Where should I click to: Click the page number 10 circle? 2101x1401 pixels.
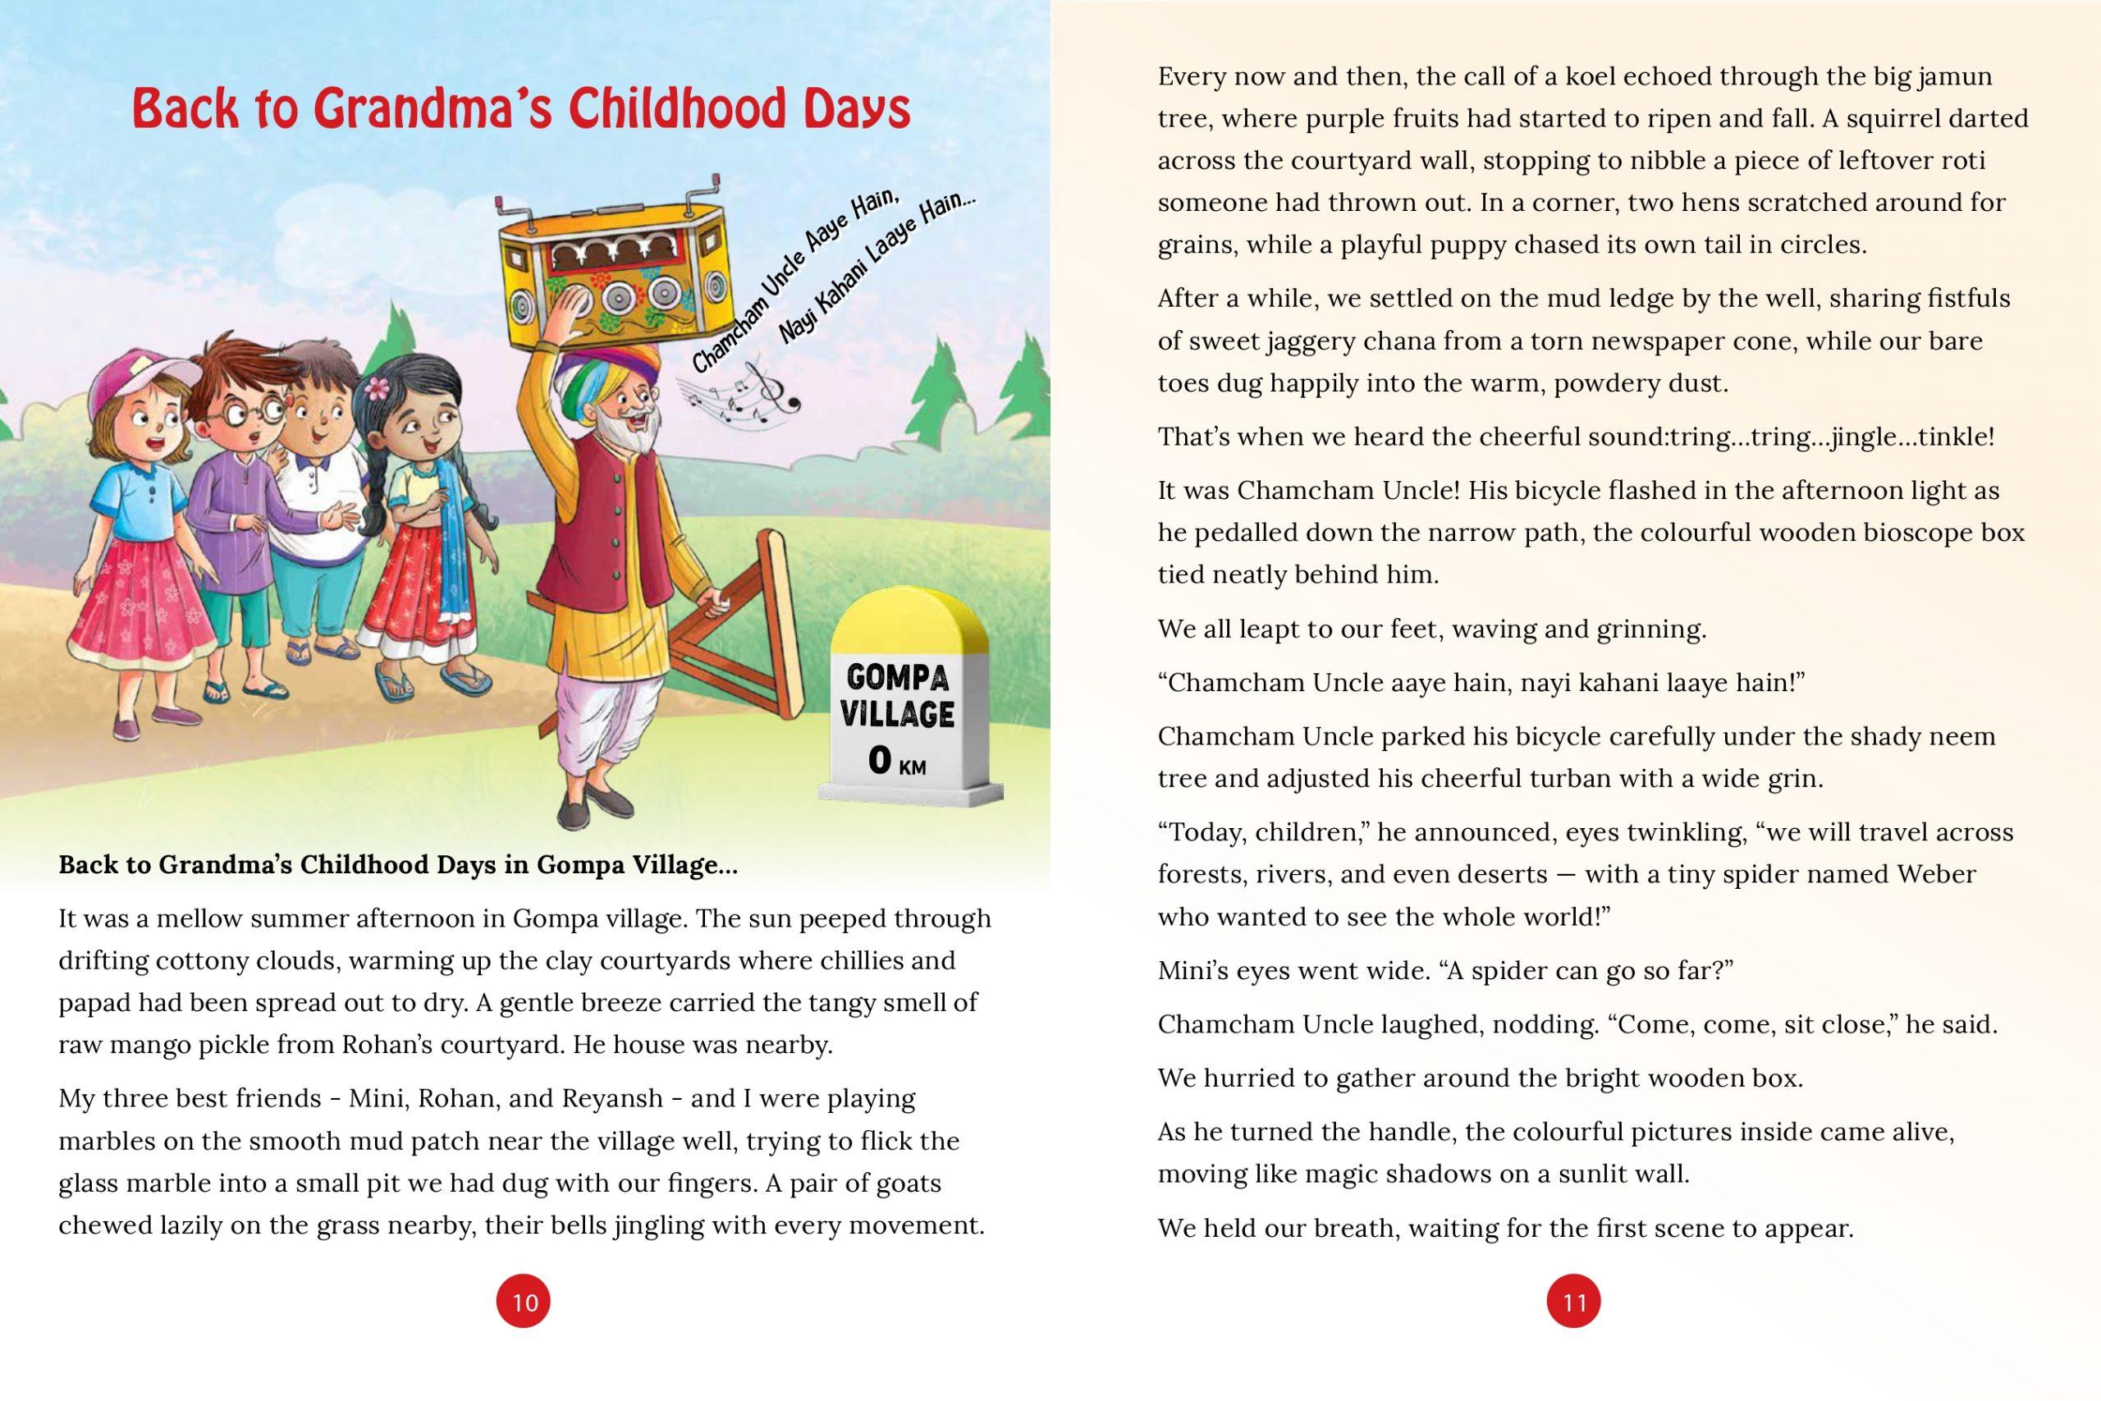524,1302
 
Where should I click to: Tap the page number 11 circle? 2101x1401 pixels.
1573,1302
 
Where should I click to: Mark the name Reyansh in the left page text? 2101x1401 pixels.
612,1098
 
